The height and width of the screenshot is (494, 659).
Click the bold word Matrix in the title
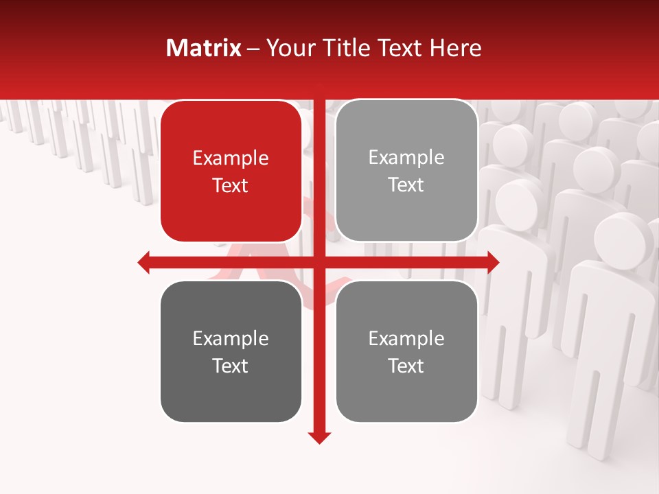coord(204,48)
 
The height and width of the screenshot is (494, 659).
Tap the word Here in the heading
coord(455,48)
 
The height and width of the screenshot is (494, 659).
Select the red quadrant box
coord(231,137)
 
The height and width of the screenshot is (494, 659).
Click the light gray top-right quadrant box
coord(406,137)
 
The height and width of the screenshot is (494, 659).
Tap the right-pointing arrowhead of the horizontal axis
coord(493,262)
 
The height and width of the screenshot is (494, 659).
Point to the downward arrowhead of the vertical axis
coord(319,437)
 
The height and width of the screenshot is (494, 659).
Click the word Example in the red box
coord(231,158)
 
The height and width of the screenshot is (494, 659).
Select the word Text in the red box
coord(231,185)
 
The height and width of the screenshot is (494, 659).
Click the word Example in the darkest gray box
coord(231,338)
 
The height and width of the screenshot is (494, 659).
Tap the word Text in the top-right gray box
coord(406,185)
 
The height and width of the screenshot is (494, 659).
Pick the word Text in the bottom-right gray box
coord(406,366)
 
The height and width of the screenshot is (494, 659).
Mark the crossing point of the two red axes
coord(319,262)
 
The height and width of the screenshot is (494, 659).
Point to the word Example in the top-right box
coord(406,158)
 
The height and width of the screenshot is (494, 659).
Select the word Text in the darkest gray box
coord(231,366)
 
